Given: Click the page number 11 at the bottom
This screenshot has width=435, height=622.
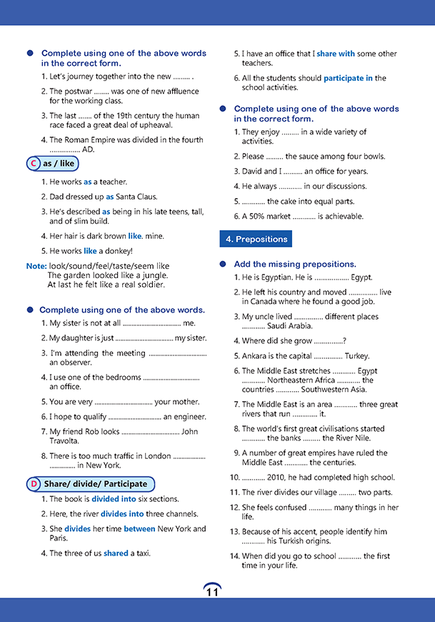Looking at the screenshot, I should [212, 591].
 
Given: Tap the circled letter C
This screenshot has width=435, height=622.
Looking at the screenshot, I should [33, 164].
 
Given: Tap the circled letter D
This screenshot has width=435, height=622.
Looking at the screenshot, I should [34, 484].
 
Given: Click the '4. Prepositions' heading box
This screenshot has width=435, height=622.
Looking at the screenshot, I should [256, 240].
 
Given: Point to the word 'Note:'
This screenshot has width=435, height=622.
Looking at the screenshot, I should [36, 266].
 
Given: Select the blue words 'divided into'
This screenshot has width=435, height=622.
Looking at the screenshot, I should [115, 499].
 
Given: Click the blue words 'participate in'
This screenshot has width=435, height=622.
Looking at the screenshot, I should [348, 79].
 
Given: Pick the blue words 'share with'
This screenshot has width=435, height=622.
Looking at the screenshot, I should [336, 54].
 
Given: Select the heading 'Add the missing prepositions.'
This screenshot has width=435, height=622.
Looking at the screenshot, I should [295, 264].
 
